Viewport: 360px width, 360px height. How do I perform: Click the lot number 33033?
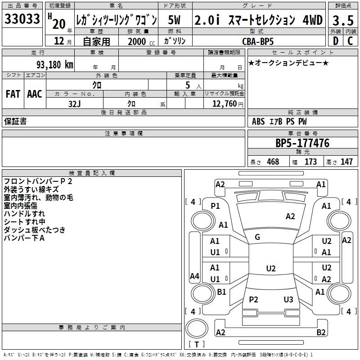(22, 19)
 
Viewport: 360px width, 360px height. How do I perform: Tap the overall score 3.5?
(342, 21)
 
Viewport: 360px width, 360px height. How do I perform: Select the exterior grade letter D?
(335, 41)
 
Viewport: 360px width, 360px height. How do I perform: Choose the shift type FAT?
(13, 94)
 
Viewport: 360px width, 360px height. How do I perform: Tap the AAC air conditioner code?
(35, 94)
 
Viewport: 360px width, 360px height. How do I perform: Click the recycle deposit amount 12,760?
(224, 104)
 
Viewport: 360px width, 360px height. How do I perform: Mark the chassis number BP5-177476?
(302, 144)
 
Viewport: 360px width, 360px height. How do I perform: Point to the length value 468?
(273, 162)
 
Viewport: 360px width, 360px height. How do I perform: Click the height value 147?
(346, 162)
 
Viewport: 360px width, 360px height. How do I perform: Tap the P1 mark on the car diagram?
(215, 206)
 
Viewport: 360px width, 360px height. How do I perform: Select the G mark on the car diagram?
(257, 237)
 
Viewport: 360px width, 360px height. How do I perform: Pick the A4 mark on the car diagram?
(194, 276)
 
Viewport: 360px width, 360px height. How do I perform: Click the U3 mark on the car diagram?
(288, 300)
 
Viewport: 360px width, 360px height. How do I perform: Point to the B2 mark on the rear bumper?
(321, 333)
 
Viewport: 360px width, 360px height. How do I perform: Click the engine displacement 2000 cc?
(139, 41)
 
